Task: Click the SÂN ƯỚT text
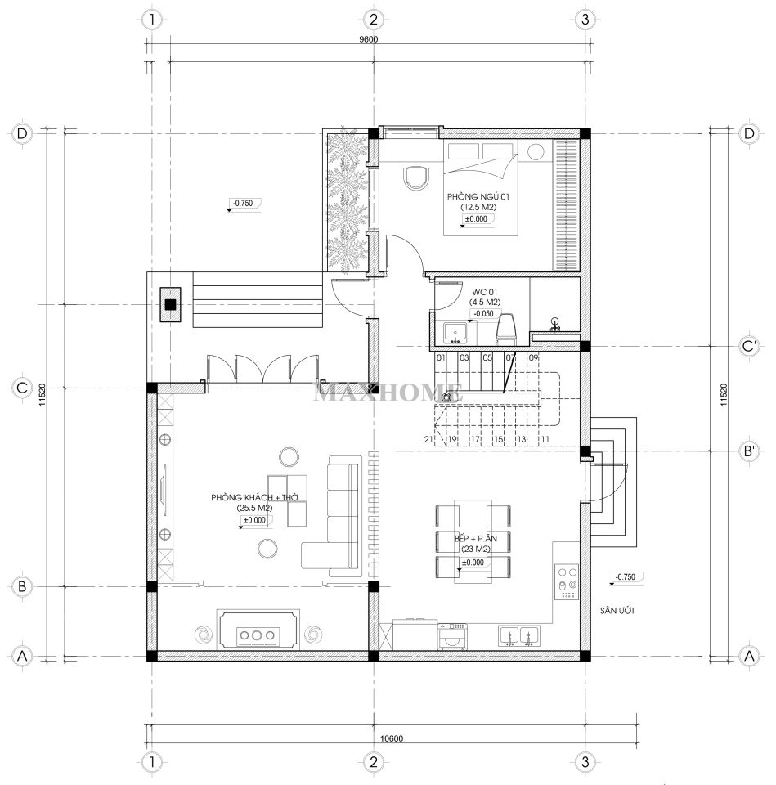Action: click(617, 610)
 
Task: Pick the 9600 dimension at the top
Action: click(369, 39)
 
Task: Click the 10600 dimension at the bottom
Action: click(392, 738)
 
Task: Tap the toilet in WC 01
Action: click(505, 329)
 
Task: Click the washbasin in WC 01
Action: click(455, 333)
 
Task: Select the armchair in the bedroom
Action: click(416, 177)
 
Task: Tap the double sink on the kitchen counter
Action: click(518, 635)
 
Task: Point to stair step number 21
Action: click(428, 439)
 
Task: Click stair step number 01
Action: click(441, 357)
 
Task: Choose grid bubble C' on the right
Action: click(749, 346)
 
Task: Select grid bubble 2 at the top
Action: click(373, 20)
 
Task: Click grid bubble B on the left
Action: click(21, 586)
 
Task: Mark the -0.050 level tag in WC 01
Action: click(483, 314)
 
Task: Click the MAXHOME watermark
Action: click(388, 392)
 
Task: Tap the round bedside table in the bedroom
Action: click(536, 151)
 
